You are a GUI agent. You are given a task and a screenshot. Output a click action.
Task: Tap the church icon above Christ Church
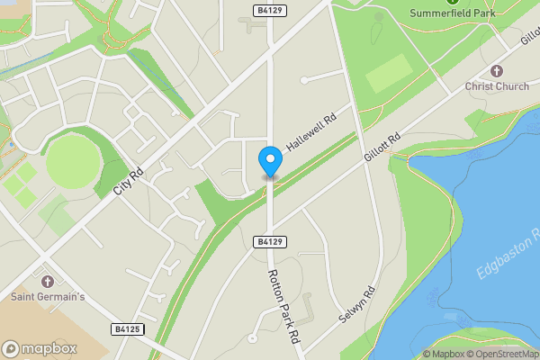[x=495, y=71]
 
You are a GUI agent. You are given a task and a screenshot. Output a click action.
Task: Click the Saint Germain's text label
[x=48, y=295]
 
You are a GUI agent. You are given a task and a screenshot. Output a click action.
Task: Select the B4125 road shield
[x=129, y=330]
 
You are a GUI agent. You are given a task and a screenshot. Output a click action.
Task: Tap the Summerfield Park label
[x=453, y=13]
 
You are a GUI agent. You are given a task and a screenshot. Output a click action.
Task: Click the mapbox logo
[x=40, y=348]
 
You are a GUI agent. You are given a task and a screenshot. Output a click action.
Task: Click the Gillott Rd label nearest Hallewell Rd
[x=382, y=148]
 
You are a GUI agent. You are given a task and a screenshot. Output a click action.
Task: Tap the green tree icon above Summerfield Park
[x=453, y=2]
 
